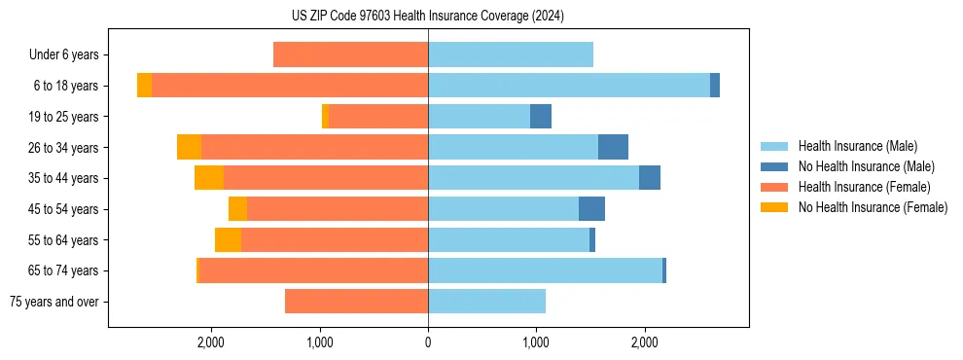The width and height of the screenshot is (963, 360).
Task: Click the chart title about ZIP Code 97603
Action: coord(428,16)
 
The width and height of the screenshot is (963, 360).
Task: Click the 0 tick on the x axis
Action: coord(428,342)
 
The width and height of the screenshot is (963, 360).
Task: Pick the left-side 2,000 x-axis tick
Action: coord(211,342)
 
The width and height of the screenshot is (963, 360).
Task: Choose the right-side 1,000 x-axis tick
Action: coord(535,342)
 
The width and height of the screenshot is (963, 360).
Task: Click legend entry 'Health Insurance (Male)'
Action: coord(857,146)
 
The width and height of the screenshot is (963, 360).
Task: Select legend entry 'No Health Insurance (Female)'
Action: coord(873,207)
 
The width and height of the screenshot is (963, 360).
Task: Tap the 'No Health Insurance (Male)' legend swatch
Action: coord(775,166)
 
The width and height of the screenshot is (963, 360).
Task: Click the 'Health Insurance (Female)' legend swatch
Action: coord(775,187)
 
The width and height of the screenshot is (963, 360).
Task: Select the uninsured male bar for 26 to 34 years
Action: coord(613,147)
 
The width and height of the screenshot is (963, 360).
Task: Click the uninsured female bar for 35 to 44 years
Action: coord(209,178)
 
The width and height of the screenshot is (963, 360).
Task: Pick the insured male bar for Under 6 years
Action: coord(511,55)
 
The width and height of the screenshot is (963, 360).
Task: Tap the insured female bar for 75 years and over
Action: coord(356,302)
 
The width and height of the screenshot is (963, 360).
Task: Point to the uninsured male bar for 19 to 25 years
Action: coord(541,117)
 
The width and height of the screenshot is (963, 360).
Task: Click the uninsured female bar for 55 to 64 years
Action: coord(228,240)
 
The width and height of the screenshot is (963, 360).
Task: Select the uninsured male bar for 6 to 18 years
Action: coord(715,86)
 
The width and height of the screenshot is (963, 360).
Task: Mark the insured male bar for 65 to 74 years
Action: coord(545,270)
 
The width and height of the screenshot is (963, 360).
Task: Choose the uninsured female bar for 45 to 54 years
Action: coord(237,209)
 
